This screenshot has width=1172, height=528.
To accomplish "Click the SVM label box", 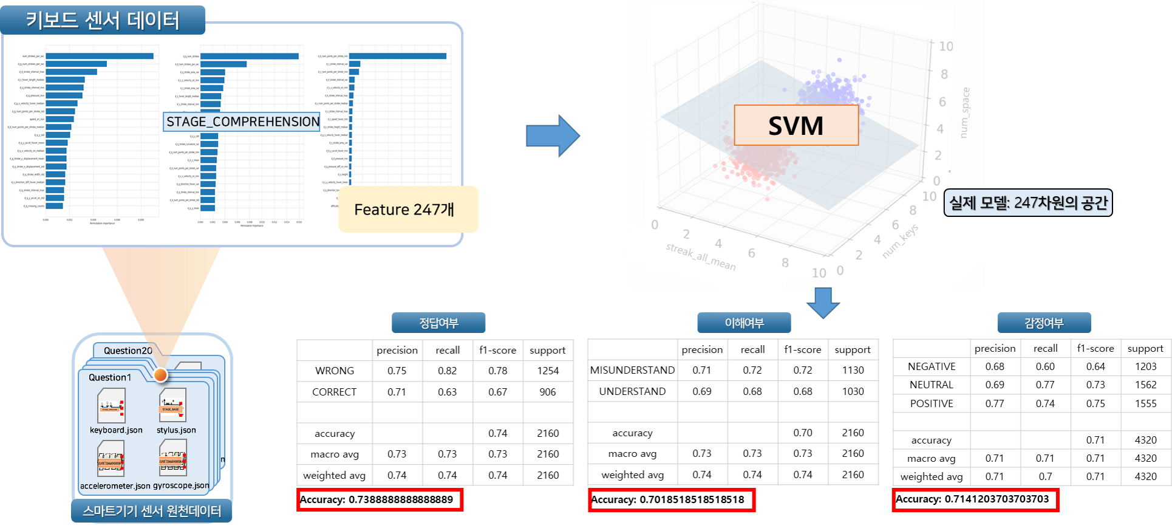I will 796,125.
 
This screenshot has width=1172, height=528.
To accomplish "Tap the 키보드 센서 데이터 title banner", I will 103,20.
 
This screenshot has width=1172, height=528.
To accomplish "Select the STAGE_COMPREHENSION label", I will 242,122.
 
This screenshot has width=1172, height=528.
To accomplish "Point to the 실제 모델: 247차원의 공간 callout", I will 1027,203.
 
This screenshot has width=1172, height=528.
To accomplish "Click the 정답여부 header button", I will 438,323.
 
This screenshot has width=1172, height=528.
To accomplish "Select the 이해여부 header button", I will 744,323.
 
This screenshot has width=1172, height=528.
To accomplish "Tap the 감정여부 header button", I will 1043,323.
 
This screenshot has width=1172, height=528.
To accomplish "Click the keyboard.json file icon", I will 112,406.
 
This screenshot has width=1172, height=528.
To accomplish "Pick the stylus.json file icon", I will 172,405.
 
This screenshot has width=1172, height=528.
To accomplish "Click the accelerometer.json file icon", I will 111,459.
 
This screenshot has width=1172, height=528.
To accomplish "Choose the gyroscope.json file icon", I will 172,458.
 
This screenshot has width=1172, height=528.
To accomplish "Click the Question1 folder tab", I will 110,377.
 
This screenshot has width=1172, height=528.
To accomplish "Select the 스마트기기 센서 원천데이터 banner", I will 152,511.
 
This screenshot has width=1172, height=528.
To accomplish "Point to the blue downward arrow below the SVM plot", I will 823,303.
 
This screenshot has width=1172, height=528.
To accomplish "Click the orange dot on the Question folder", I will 160,375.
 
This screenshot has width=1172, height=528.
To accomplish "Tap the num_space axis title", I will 965,112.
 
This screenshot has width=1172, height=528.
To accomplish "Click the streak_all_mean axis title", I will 701,256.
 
